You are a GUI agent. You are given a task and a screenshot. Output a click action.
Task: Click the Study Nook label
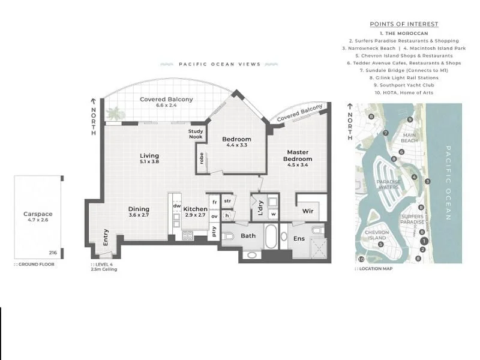196,134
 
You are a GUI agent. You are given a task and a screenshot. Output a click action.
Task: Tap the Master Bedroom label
297,155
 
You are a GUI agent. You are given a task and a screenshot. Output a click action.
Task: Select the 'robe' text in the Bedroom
202,158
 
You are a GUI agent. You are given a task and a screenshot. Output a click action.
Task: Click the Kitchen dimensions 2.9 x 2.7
194,215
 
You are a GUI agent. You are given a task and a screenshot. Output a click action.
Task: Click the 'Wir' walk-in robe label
308,211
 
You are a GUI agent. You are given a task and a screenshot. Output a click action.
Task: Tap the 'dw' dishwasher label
176,205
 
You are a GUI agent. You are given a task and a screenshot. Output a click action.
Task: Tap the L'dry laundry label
260,207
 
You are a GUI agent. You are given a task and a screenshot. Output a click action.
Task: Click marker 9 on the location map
409,120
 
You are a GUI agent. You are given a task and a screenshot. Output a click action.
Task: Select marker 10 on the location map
361,259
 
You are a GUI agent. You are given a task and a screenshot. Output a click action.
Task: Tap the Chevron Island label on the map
376,234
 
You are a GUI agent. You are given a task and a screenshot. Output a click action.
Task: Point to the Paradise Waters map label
388,184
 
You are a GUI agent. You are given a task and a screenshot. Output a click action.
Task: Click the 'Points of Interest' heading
404,24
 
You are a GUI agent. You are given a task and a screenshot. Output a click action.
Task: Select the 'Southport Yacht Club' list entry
404,85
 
